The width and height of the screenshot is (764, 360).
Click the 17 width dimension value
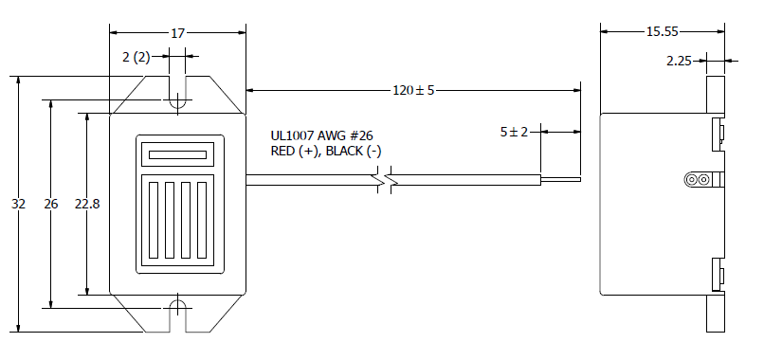point(178,33)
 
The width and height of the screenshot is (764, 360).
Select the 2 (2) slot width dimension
point(136,57)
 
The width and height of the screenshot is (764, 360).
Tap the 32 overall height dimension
point(19,204)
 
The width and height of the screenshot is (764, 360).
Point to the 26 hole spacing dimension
point(50,204)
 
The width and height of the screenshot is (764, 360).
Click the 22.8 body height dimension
point(86,204)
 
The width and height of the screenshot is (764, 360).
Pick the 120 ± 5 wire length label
point(413,90)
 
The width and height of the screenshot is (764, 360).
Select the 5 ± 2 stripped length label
point(514,132)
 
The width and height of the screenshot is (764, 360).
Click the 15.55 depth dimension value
point(663,31)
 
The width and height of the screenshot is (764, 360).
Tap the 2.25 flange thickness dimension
point(680,61)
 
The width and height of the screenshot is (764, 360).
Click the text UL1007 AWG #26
point(321,135)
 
